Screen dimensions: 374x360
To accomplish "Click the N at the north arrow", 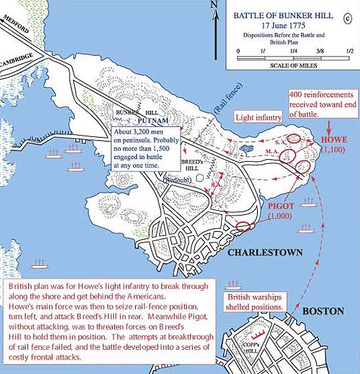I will (214, 5).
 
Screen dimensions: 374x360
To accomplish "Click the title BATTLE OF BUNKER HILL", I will (283, 14).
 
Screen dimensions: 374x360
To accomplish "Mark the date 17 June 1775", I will (283, 24).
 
